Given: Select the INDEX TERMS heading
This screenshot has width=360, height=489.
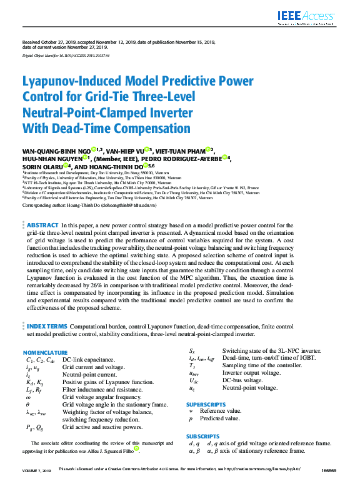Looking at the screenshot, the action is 47,327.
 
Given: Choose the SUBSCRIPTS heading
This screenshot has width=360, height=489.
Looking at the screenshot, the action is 202,436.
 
